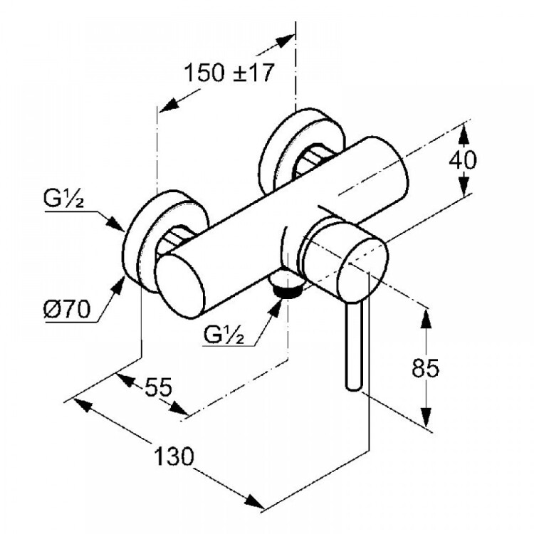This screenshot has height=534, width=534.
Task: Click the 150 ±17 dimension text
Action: pos(229,73)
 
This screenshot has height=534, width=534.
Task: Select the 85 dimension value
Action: pos(426,368)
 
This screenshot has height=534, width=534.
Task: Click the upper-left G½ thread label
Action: pos(64,201)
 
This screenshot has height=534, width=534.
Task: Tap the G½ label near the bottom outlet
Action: pos(229,334)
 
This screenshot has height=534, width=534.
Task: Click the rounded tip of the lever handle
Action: pos(354,384)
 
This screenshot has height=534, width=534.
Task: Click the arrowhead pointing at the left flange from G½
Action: pos(117,224)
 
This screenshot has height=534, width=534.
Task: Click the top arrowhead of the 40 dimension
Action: pos(463,130)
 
